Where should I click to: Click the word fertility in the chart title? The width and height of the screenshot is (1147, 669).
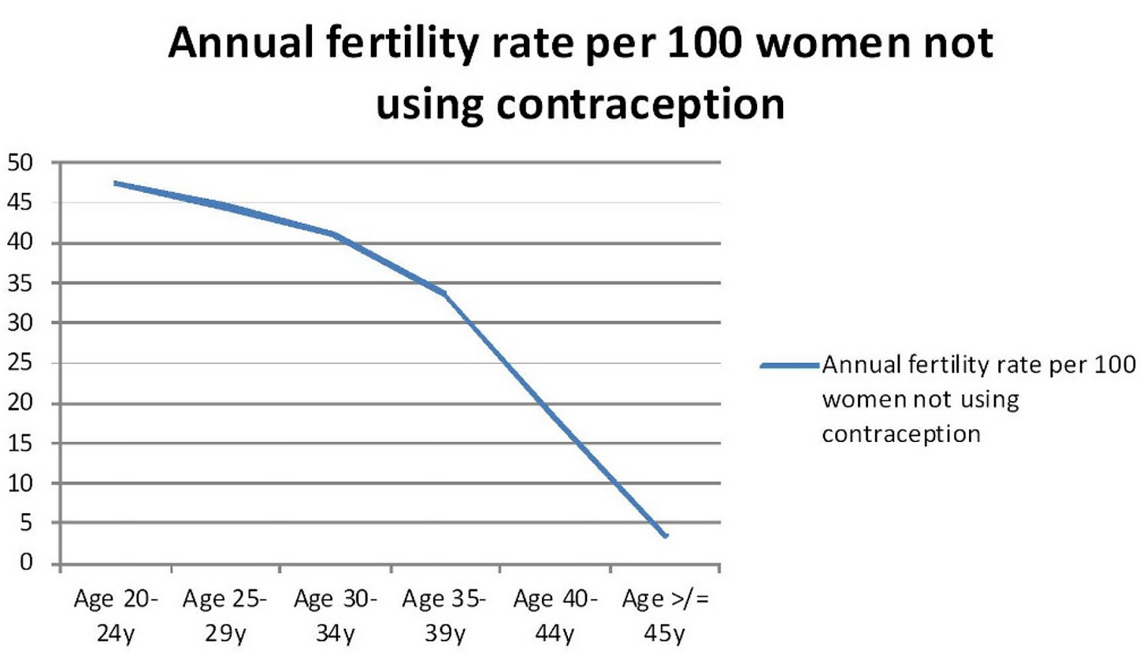tap(395, 43)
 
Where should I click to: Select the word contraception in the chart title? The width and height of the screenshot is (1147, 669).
tap(640, 104)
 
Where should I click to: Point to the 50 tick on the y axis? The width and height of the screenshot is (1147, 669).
tap(20, 163)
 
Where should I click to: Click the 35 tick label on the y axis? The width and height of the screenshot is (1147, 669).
tap(20, 283)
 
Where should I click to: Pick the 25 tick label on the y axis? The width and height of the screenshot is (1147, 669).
tap(20, 363)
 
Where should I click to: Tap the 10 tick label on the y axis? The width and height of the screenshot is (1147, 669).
tap(20, 483)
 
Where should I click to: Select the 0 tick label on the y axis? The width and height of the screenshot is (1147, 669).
tap(27, 563)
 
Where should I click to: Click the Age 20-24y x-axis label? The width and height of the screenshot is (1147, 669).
tap(116, 616)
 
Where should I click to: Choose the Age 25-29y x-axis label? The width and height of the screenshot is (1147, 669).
tap(225, 616)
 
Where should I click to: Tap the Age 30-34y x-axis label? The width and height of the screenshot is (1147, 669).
tap(336, 616)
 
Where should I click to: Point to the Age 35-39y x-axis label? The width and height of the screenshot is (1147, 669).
tap(444, 616)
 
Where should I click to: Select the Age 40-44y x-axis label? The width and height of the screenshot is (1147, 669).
tap(555, 616)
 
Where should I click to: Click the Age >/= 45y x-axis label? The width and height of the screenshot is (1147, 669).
tap(665, 616)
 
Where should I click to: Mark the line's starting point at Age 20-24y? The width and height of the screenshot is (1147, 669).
tap(116, 183)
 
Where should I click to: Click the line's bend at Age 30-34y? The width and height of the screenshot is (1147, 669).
tap(336, 234)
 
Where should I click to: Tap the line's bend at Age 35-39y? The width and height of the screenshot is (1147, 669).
tap(445, 293)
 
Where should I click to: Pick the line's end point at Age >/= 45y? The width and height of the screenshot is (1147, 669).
tap(666, 536)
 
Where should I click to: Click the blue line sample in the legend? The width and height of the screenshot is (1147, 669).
tap(789, 366)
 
